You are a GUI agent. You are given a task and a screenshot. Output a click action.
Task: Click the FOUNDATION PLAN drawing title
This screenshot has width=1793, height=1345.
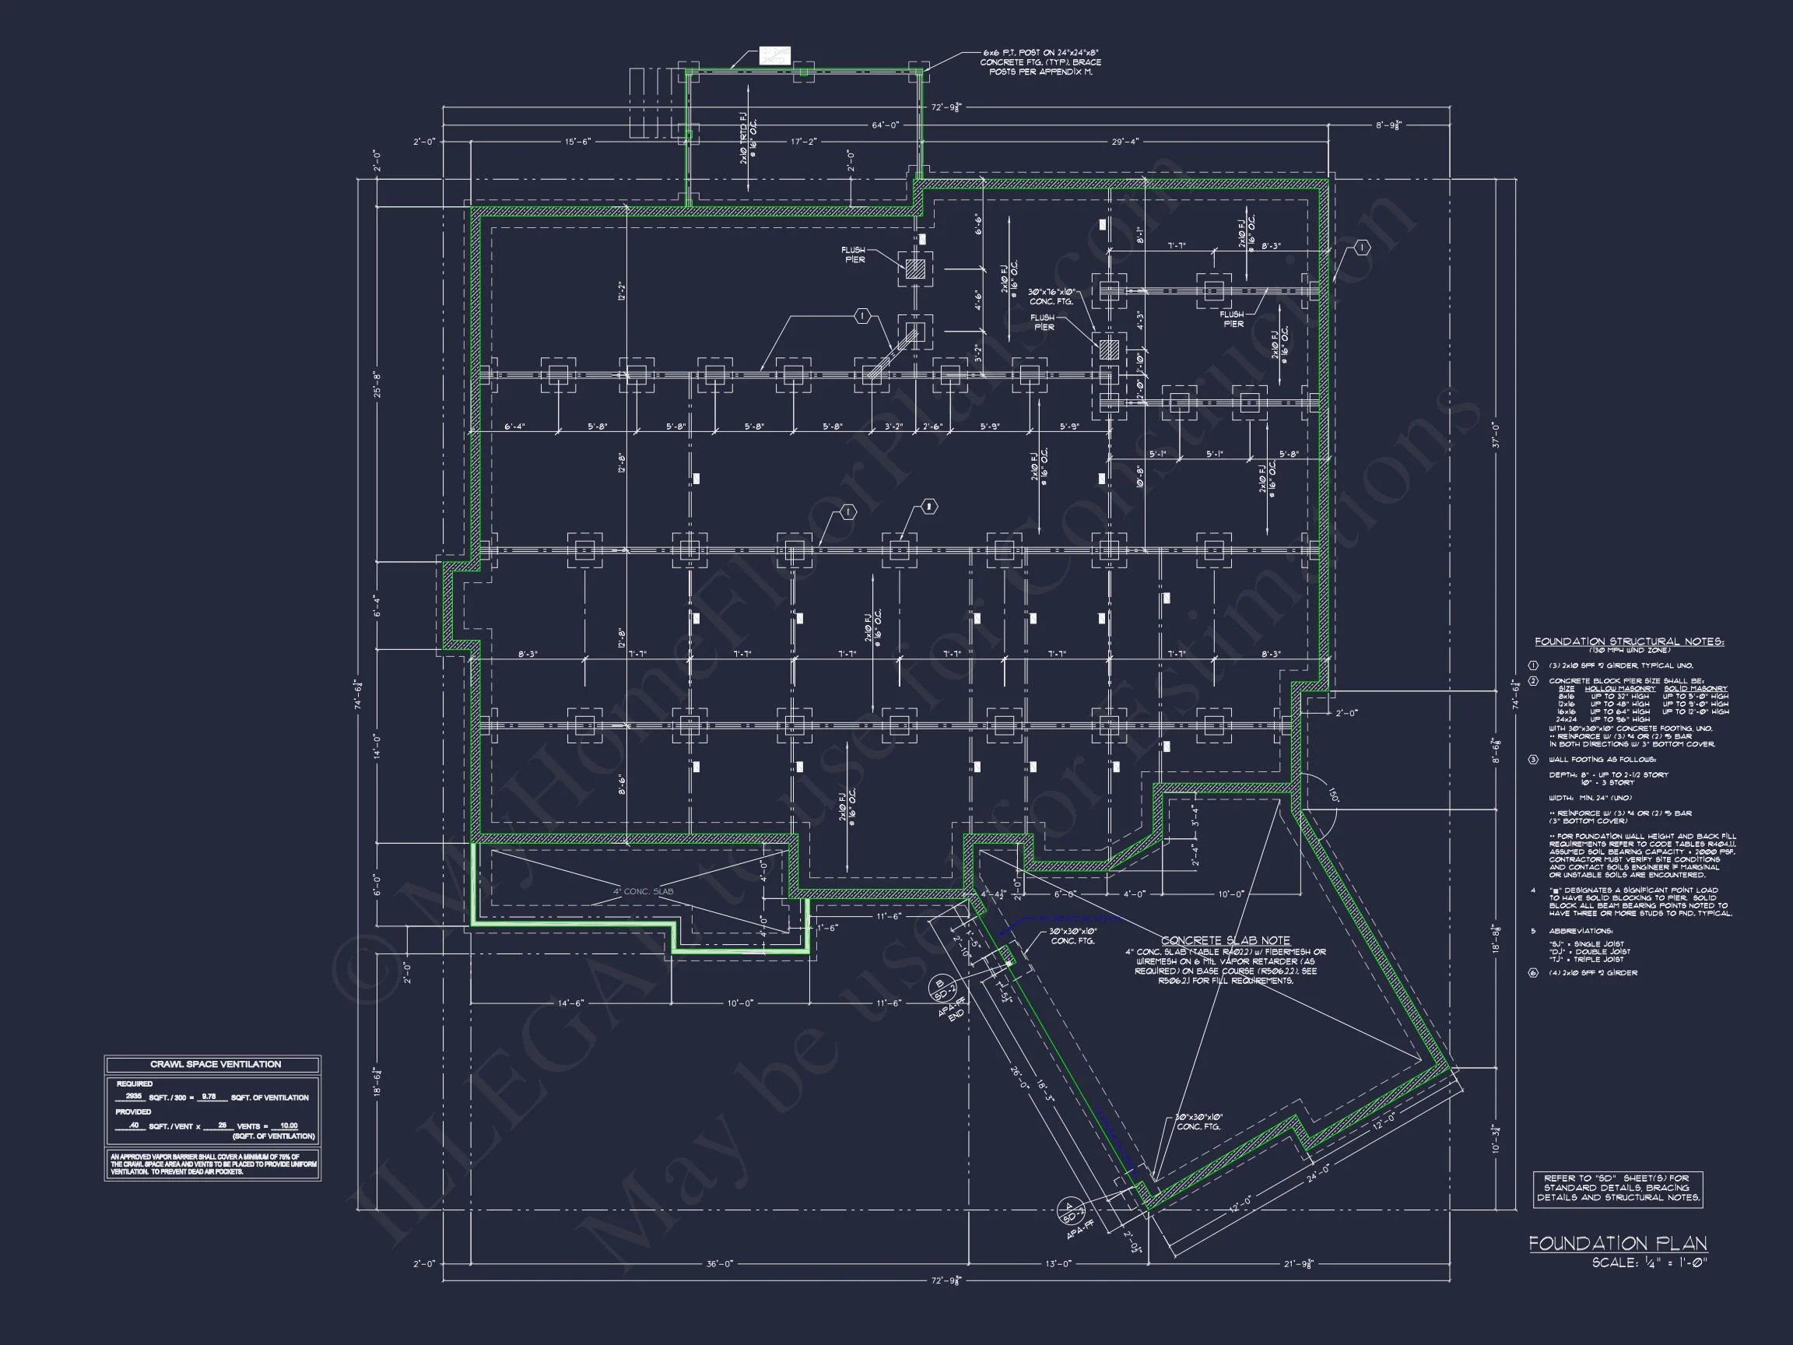coord(1617,1244)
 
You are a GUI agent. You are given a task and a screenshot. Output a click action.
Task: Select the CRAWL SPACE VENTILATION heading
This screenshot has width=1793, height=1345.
coord(215,1065)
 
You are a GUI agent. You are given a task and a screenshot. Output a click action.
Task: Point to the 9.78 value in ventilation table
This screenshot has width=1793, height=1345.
coord(209,1096)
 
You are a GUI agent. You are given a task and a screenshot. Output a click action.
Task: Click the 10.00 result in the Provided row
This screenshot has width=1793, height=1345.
coord(288,1126)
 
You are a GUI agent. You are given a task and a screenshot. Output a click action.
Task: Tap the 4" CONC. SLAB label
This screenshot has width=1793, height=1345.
coord(643,892)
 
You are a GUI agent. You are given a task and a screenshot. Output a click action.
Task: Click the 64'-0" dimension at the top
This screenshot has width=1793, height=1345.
coord(885,125)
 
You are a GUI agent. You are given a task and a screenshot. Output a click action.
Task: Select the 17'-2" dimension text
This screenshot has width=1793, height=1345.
coord(803,142)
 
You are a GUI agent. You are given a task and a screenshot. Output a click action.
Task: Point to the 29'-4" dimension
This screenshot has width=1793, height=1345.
coord(1125,142)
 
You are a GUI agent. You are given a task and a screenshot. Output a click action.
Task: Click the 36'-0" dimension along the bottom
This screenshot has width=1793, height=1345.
coord(719,1264)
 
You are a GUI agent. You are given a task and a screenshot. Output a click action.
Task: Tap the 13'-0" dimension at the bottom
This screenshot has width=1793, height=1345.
coord(1058,1264)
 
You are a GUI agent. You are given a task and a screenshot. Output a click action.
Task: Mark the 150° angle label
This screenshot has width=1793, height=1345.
coord(1331,795)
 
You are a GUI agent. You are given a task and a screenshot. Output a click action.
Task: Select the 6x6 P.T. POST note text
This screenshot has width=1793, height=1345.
coord(1040,62)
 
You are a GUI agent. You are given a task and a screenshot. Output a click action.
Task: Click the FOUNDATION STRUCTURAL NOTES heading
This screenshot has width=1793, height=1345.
coord(1630,642)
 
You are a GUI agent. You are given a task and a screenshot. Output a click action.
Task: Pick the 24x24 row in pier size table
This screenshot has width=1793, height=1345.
coord(1563,720)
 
